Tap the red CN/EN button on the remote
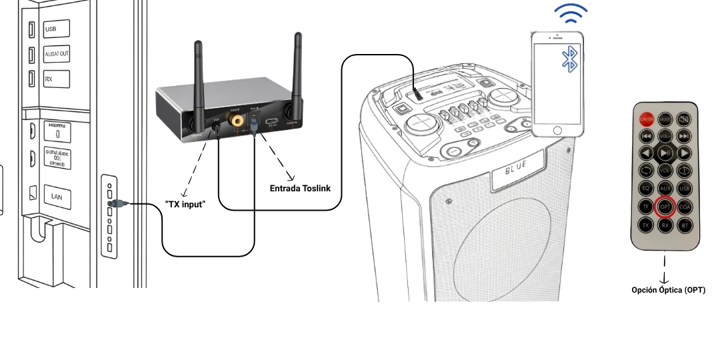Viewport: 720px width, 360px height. [x=646, y=119]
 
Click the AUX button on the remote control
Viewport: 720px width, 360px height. [x=665, y=189]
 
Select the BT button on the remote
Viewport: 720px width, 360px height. [x=684, y=225]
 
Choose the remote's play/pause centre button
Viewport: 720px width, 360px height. [x=665, y=154]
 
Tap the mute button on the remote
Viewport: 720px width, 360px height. [x=684, y=119]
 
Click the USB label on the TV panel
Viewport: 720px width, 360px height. [x=51, y=29]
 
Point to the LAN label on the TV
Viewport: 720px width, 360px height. [x=57, y=196]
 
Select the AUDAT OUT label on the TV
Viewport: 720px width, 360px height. [x=57, y=54]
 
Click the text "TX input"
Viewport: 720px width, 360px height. [x=185, y=204]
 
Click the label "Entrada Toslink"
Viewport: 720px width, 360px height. [x=300, y=189]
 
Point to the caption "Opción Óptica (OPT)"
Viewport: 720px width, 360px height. [x=668, y=290]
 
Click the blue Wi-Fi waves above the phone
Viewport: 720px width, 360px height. [x=571, y=13]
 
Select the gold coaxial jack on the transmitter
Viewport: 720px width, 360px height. [x=237, y=121]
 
